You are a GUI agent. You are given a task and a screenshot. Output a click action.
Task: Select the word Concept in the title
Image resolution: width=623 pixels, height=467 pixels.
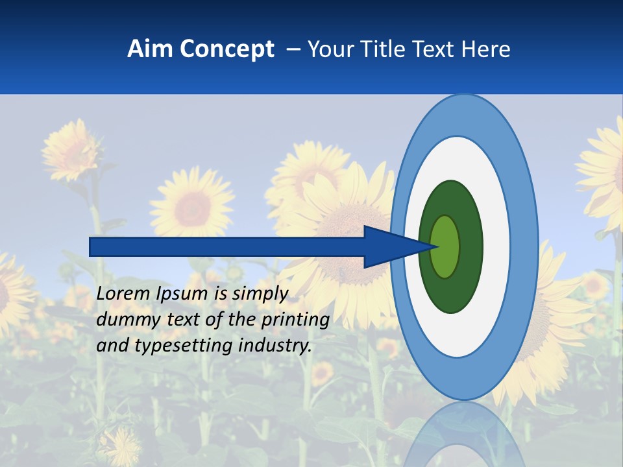[226, 50]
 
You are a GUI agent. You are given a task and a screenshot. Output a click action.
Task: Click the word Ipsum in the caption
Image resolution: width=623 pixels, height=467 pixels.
[184, 294]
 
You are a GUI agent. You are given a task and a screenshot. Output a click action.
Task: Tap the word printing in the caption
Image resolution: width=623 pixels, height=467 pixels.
[295, 320]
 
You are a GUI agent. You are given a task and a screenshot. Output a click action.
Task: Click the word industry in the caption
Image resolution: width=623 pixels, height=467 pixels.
[275, 346]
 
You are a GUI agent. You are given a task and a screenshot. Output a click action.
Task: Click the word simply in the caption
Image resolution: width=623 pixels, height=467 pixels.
[260, 294]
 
